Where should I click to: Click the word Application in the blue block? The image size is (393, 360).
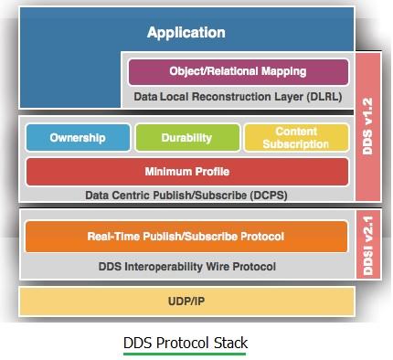pos(186,33)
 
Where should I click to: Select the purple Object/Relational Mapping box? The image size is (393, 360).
pos(238,71)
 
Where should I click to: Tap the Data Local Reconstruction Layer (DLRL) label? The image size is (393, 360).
pos(237,95)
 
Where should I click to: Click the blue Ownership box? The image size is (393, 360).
pos(78,139)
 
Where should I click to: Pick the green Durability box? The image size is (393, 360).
pos(186,139)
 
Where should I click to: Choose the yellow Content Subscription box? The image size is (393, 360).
pos(296,139)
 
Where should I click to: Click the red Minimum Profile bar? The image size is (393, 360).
pos(186,171)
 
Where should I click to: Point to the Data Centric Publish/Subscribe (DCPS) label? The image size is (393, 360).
pos(186,195)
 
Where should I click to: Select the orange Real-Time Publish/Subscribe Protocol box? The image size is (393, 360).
pos(186,237)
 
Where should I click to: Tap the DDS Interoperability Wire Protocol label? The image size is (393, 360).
pos(186,266)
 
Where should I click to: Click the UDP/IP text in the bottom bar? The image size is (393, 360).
pos(186,300)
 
